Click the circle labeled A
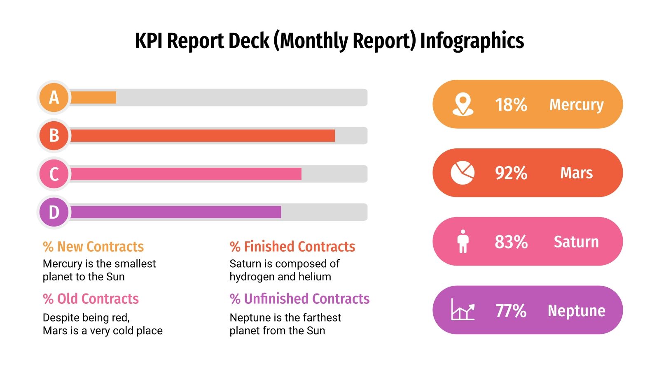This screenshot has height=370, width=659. (54, 97)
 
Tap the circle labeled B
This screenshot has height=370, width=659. (54, 135)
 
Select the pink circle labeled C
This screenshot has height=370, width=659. (54, 174)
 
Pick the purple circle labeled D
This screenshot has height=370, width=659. (54, 212)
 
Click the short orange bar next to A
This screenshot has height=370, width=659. (93, 97)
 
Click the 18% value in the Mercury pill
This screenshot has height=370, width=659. (511, 104)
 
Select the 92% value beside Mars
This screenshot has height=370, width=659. (511, 173)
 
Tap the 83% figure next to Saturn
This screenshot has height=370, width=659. (511, 242)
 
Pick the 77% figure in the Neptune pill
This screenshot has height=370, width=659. (511, 310)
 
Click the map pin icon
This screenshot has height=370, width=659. (463, 104)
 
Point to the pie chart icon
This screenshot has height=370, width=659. (463, 173)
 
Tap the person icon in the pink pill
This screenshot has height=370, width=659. (463, 241)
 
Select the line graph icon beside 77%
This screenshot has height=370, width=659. (463, 310)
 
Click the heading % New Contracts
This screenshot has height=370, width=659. (93, 246)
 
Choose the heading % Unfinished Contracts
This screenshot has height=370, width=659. (299, 298)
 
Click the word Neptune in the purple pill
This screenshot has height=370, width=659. (576, 310)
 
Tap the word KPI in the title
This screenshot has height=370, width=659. (149, 41)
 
